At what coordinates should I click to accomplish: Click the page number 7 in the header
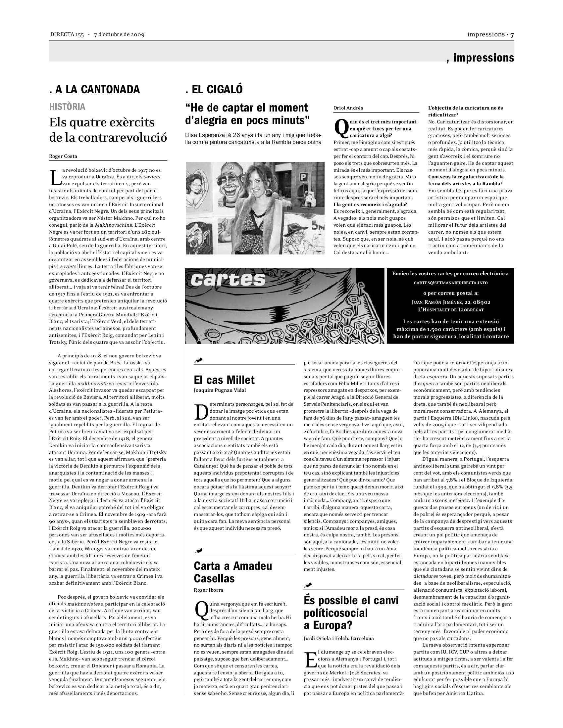point(512,35)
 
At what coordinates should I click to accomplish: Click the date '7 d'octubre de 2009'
point(119,35)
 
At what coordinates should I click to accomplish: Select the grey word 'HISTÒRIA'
point(67,107)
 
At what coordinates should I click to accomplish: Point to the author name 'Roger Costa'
point(63,156)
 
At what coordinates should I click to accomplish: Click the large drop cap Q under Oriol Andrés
point(341,129)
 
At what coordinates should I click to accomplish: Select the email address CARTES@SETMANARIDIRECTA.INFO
point(451,283)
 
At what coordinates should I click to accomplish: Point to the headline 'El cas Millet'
point(224,380)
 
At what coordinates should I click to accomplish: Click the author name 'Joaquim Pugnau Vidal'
point(220,390)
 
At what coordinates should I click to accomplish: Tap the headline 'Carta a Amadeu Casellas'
point(233,572)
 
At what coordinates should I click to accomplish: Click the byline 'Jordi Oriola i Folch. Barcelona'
point(338,638)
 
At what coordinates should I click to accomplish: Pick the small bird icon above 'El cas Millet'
point(199,360)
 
